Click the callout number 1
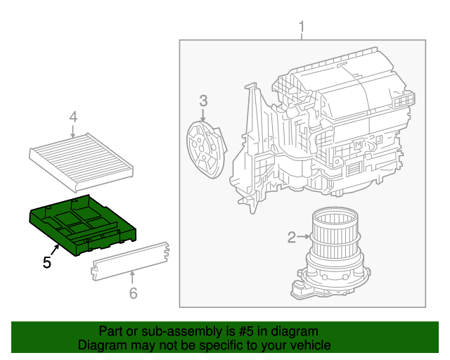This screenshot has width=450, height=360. click(x=302, y=29)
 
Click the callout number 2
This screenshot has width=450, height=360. click(x=291, y=238)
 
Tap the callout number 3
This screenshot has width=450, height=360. click(x=202, y=101)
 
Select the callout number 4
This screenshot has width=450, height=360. click(x=73, y=117)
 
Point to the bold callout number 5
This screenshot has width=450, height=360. click(x=46, y=262)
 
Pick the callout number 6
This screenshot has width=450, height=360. click(x=133, y=293)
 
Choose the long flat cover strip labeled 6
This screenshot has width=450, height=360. click(x=131, y=263)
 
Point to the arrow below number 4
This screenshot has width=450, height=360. click(x=73, y=131)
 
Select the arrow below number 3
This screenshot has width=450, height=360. click(x=202, y=115)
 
